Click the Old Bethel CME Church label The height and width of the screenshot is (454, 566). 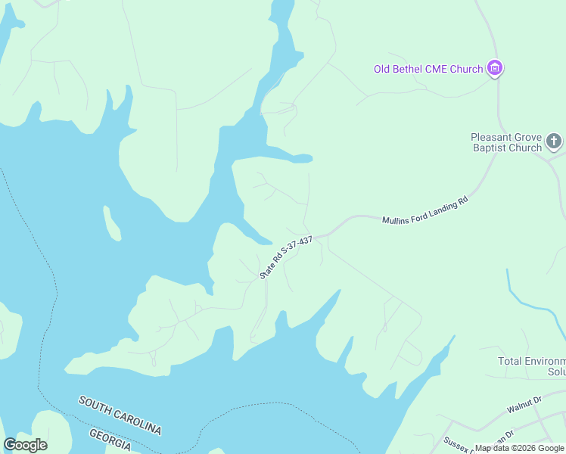428,70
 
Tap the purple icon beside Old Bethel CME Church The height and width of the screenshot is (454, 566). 495,69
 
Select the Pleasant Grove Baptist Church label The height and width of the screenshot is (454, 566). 506,142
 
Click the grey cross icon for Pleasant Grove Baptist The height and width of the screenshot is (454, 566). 554,141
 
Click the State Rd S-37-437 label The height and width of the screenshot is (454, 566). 286,258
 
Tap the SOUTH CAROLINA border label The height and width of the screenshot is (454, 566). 120,415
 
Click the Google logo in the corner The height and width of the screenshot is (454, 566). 25,445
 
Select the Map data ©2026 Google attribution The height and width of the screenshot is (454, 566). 519,449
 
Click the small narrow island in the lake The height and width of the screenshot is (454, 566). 112,223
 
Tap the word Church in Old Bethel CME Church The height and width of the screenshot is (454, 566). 465,70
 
